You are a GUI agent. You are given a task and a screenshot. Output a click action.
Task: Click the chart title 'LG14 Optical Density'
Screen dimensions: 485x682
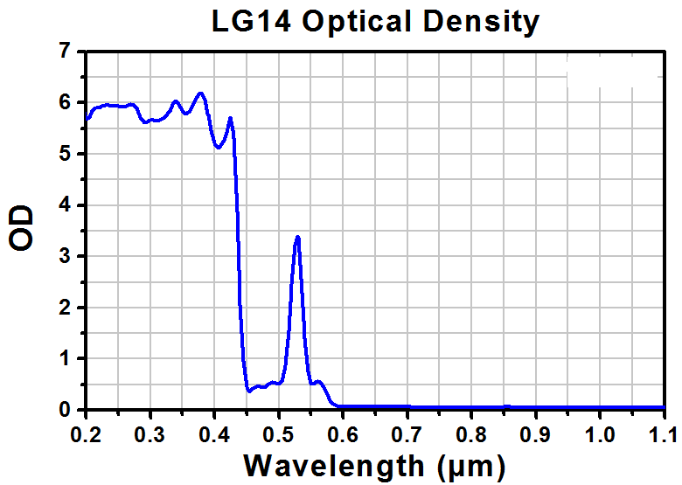tap(375, 21)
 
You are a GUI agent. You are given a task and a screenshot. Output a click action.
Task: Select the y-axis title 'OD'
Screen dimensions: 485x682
tap(22, 229)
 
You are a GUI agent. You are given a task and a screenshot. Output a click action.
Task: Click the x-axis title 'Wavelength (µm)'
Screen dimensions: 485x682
tap(374, 464)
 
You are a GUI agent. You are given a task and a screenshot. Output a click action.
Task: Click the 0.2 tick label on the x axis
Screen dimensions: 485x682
tap(85, 433)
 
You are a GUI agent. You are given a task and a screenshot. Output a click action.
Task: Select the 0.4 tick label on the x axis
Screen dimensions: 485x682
tap(213, 433)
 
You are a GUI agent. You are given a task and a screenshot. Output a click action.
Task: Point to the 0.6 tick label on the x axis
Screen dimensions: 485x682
tap(343, 433)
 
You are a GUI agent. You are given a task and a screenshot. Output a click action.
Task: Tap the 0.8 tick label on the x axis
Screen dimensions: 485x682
tap(471, 433)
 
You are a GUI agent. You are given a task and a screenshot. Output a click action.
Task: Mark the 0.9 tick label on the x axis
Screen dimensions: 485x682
tap(536, 433)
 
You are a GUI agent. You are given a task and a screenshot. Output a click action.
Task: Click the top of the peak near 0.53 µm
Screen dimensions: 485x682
tap(298, 237)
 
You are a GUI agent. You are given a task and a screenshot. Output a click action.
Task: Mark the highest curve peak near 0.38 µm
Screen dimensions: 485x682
tap(201, 93)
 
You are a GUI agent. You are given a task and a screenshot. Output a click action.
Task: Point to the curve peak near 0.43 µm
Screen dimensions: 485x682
tap(230, 118)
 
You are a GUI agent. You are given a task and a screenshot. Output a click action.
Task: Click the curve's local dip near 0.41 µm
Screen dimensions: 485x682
tap(219, 148)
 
